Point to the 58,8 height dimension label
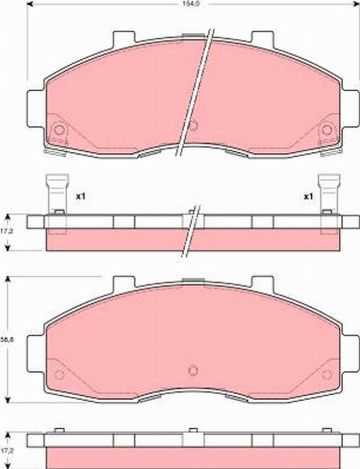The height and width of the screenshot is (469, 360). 7,340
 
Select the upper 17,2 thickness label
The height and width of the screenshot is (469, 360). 7,231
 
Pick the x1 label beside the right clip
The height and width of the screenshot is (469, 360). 308,196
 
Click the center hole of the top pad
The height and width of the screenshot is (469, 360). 193,126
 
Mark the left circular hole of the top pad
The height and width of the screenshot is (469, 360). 59,130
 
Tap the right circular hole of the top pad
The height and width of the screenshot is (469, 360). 327,130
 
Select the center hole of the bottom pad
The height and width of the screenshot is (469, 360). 193,370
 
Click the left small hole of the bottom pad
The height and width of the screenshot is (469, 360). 59,375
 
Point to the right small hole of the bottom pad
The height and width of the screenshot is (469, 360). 327,375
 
